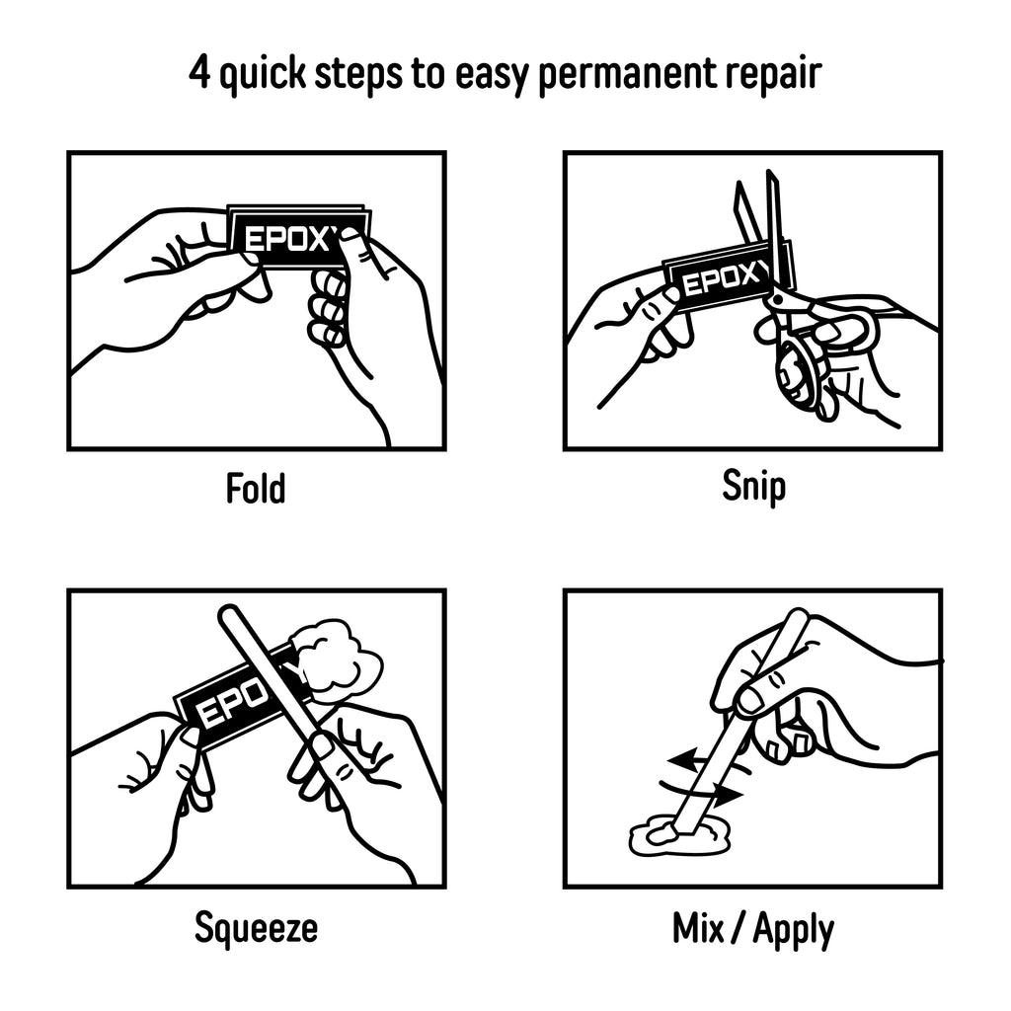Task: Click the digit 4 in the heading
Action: tap(199, 72)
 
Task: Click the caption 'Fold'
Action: tap(256, 488)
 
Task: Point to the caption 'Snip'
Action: tap(753, 487)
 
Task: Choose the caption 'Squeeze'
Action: tap(256, 929)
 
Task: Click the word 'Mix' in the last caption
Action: tap(698, 928)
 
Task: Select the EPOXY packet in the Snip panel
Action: tap(729, 275)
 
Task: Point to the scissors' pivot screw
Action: tap(778, 298)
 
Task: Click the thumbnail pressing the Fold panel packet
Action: tap(351, 237)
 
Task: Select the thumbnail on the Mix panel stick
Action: tap(750, 700)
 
